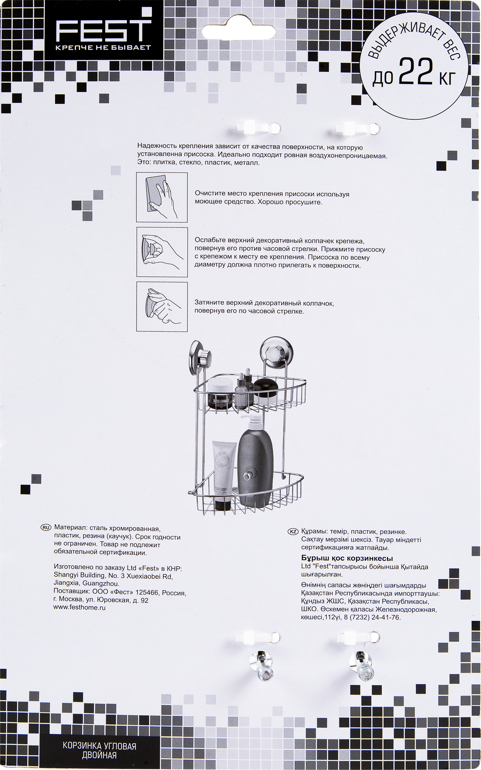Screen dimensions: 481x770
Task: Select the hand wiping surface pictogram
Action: click(162, 198)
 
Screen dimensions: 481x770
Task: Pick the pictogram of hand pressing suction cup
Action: click(162, 252)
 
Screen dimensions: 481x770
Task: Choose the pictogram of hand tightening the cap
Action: click(162, 307)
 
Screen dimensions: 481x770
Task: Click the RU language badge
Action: click(45, 527)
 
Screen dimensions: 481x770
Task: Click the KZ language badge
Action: click(293, 532)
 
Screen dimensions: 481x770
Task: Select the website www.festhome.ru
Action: click(79, 608)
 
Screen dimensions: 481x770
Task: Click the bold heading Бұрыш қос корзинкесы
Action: click(347, 558)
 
